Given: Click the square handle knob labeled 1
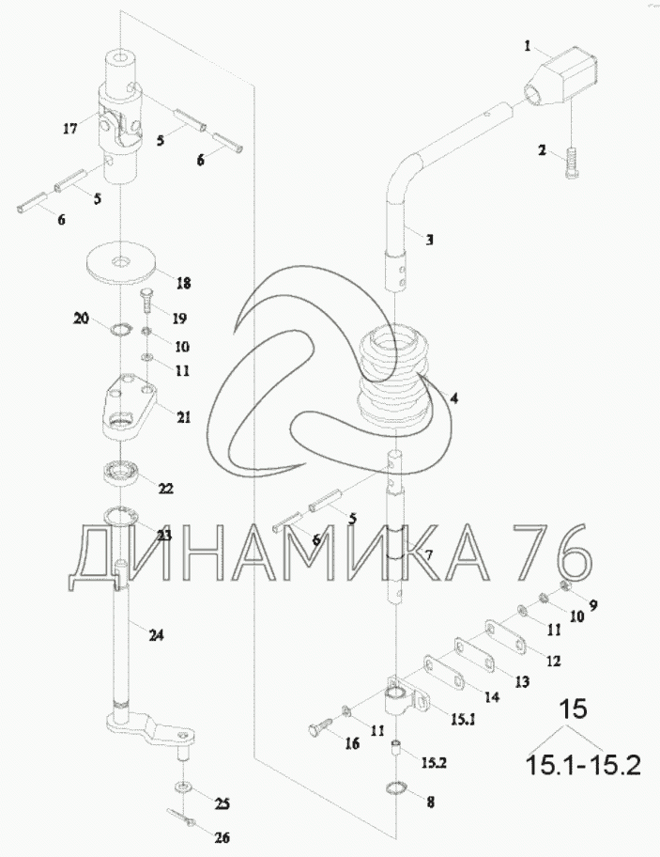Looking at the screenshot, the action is (x=562, y=74).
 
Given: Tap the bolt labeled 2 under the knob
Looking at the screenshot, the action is (x=571, y=167).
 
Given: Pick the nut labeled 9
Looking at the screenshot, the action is (x=565, y=588).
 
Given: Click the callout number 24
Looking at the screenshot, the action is (x=156, y=635).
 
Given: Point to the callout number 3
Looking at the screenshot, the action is (x=428, y=240).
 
